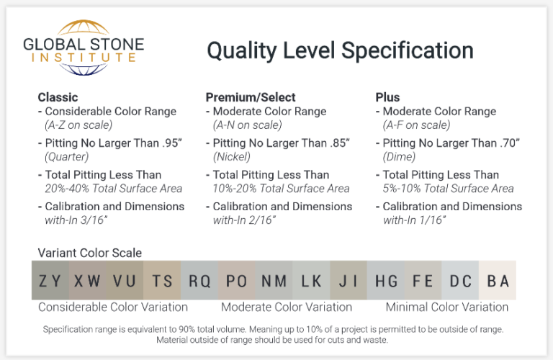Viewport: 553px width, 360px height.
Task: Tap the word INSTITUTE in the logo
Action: tap(84, 56)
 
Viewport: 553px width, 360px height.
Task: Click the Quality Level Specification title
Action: tap(340, 50)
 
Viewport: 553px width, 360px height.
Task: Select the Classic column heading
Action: tap(58, 97)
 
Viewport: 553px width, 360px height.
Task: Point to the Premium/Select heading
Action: tap(251, 97)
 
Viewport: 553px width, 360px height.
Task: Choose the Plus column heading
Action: tap(387, 97)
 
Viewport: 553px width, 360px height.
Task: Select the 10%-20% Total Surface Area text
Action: tap(282, 189)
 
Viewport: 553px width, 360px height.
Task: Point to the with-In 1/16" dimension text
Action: tap(415, 220)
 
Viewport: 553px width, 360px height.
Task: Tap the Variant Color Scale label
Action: tap(89, 253)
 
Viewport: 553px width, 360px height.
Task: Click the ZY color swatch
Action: tap(50, 281)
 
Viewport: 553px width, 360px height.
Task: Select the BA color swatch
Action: tap(498, 281)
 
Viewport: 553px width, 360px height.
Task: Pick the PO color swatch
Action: tap(236, 281)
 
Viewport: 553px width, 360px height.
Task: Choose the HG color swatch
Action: tap(386, 281)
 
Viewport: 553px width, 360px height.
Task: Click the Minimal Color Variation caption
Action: tap(446, 307)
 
